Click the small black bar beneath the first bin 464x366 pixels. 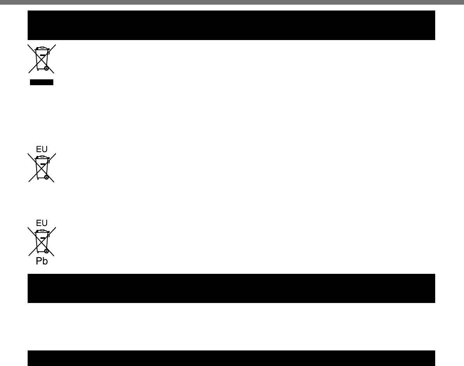42,82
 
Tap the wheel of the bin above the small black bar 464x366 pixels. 46,68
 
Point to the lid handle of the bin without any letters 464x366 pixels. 42,47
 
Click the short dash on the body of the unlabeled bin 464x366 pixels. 42,55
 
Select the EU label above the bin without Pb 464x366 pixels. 42,149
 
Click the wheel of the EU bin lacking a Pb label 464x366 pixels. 46,177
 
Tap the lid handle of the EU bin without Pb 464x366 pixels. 42,156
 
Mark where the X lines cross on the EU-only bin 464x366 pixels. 42,168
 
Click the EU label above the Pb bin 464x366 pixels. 42,223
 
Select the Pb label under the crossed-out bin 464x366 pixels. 42,261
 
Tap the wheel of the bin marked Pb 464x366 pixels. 46,251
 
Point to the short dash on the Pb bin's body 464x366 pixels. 42,238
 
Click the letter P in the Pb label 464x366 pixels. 39,261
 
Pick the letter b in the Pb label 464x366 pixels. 45,261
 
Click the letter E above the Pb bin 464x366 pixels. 39,223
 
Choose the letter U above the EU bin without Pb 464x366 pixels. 45,149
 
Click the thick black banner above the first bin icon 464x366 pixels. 231,25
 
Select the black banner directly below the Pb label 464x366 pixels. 231,288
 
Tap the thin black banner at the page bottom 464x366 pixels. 231,358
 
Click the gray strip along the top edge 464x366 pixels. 232,2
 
